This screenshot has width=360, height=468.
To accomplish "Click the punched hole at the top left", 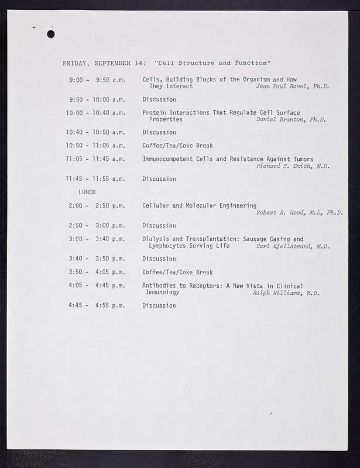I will point(50,35).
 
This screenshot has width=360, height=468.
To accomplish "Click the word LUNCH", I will point(87,192).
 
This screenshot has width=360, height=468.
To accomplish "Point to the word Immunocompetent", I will point(169,159).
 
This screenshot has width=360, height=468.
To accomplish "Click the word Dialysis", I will point(155,239).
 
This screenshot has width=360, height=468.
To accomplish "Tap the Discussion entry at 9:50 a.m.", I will point(159,99).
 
